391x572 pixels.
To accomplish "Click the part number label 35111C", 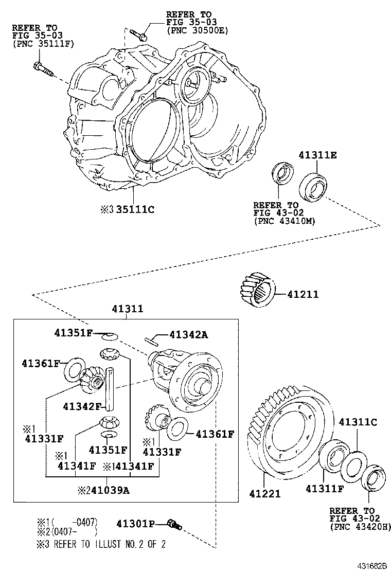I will [x=135, y=209].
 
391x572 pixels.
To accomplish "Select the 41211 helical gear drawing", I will [x=257, y=291].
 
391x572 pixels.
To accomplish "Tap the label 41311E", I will [x=318, y=155].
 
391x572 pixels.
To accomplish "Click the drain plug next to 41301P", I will [x=174, y=524].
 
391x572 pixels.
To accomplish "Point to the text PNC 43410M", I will [x=284, y=221].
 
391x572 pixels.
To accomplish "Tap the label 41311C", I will [x=358, y=422].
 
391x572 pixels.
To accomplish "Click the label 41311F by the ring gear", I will [x=324, y=488].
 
